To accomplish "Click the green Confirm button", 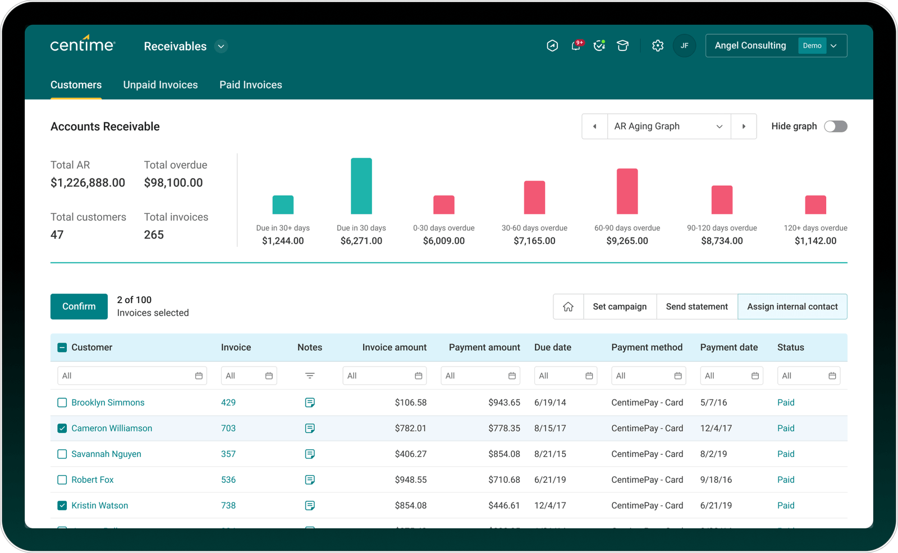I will pos(79,307).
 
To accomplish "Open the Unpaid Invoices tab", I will pos(161,85).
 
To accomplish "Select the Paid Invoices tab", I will pos(250,85).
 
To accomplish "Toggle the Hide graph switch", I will pos(835,126).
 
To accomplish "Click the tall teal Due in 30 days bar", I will pos(361,186).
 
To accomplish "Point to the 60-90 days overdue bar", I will pos(627,191).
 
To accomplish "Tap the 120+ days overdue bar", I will pos(815,205).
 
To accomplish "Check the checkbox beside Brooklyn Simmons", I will pos(62,403).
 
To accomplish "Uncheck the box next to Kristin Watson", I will pos(62,505).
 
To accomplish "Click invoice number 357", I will pos(228,454).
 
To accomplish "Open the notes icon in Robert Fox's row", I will pos(310,480).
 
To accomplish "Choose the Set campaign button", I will pos(620,307).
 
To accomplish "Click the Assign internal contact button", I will pos(792,307).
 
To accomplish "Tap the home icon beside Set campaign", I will pos(568,307).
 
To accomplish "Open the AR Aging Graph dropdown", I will pos(668,126).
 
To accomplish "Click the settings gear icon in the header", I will pos(658,46).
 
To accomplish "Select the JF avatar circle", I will pos(684,46).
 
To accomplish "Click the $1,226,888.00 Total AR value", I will pos(88,182).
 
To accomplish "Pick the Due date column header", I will pos(552,348).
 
